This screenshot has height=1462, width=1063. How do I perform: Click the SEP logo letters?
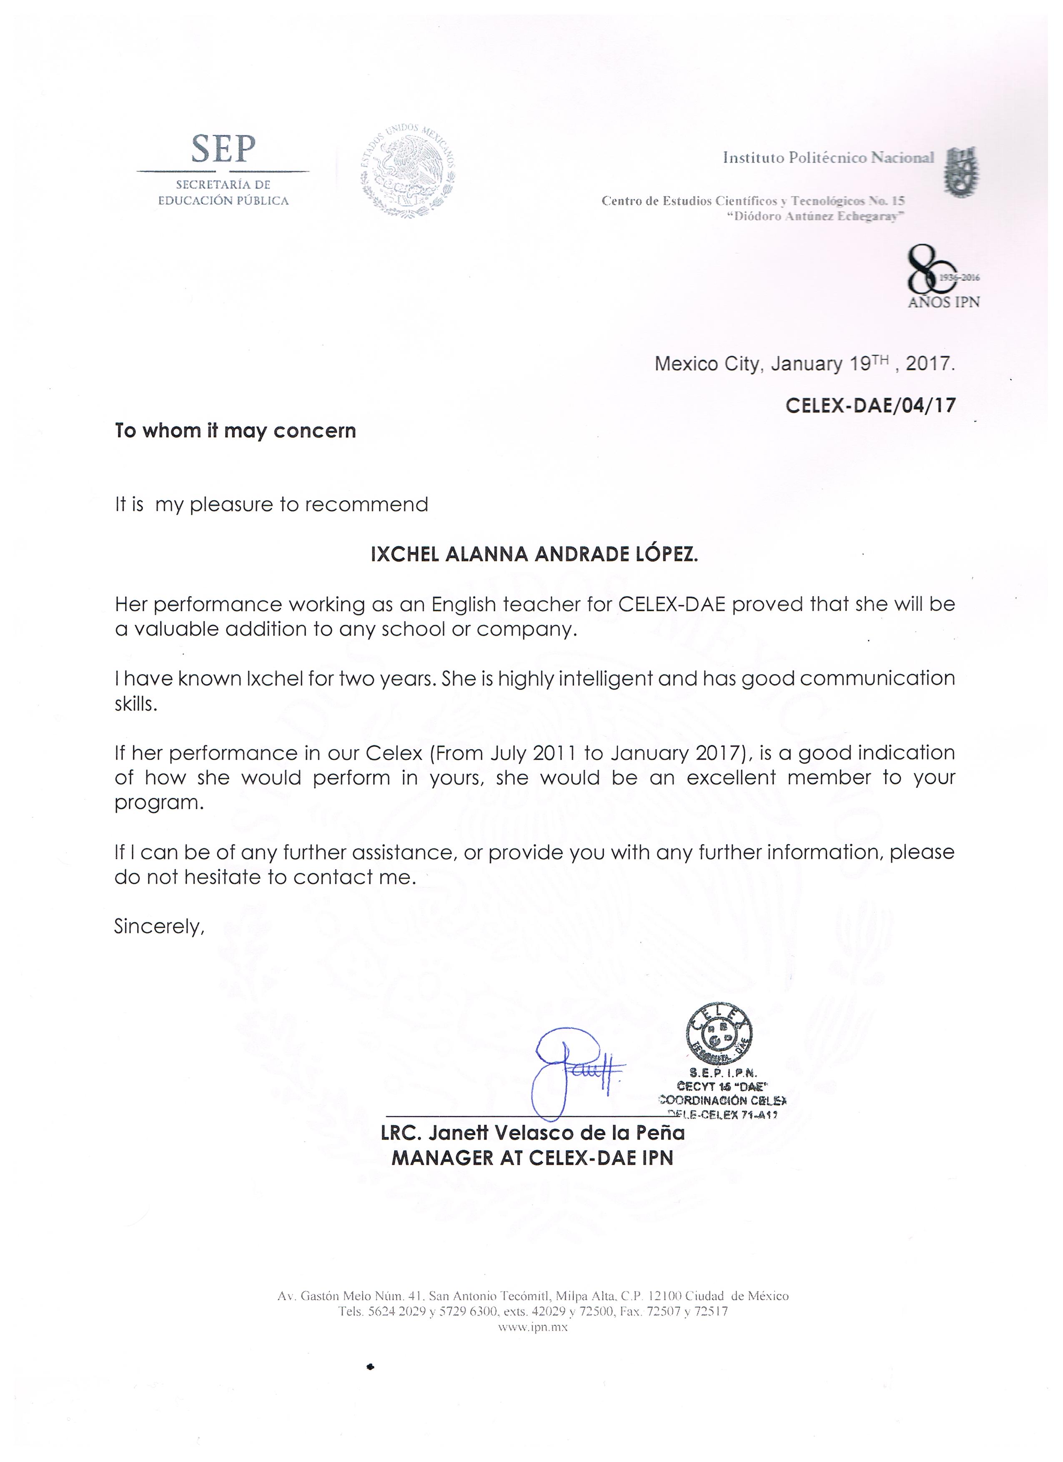223,150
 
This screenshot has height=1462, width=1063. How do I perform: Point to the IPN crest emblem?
960,171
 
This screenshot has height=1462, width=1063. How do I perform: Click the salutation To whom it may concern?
235,431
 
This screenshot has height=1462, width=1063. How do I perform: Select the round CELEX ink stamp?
719,1033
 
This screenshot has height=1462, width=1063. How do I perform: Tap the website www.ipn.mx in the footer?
532,1327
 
